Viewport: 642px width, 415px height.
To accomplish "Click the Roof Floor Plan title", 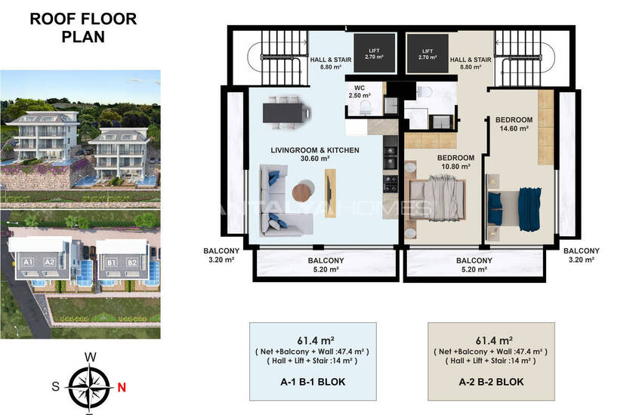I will (83, 26).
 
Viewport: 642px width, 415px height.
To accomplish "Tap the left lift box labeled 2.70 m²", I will (371, 53).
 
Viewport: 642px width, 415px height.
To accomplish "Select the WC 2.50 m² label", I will (360, 91).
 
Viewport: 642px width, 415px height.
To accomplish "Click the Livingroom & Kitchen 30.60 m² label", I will (315, 155).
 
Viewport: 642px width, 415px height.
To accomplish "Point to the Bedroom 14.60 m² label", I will (514, 124).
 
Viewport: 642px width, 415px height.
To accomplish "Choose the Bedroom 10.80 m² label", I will (455, 161).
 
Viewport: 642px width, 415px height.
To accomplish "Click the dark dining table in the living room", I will (287, 112).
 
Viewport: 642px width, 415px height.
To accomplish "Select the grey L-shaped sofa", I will (276, 202).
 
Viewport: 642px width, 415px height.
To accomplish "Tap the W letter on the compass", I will (90, 356).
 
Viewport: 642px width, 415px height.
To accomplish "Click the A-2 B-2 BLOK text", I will (491, 382).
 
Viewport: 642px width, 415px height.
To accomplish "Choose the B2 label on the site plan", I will (131, 263).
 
